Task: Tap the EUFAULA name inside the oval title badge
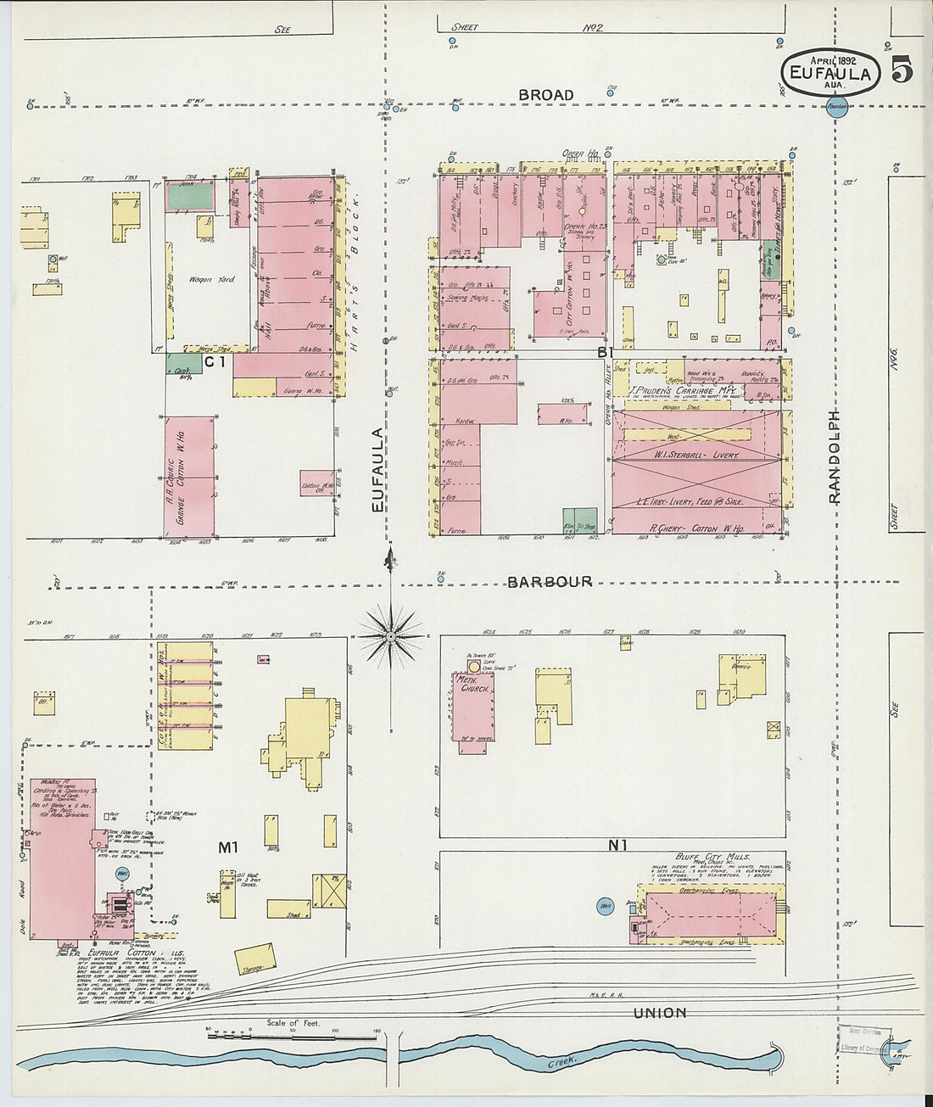(830, 74)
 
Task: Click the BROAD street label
(546, 95)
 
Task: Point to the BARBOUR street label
(550, 582)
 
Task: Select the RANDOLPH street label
(835, 457)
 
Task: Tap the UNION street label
(660, 1013)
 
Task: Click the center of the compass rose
(390, 635)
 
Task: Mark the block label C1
(215, 362)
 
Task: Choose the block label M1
(227, 847)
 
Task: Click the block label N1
(617, 845)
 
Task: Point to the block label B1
(605, 351)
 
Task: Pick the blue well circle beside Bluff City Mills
(606, 907)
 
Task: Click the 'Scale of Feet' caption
(293, 1023)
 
